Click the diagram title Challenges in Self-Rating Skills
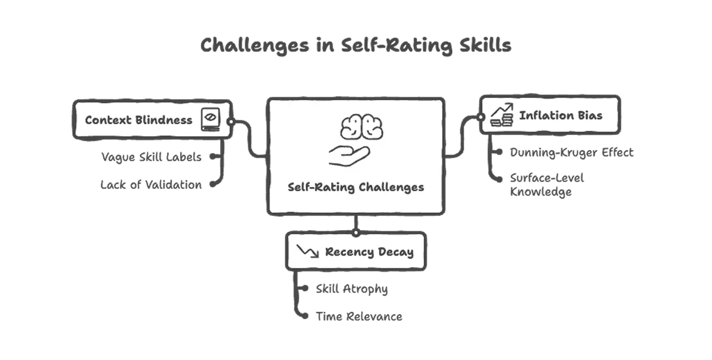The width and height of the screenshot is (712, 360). [x=355, y=46]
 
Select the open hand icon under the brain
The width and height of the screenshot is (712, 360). [x=349, y=156]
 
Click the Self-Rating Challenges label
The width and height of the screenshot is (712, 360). [x=355, y=187]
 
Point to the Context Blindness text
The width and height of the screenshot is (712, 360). [x=139, y=120]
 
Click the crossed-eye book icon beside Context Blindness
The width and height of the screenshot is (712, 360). [x=209, y=119]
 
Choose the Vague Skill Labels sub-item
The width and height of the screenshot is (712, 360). [x=151, y=157]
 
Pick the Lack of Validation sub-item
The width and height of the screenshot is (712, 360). [x=150, y=185]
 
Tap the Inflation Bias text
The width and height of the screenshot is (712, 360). [x=561, y=115]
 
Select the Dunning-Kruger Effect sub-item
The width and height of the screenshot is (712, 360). [x=571, y=153]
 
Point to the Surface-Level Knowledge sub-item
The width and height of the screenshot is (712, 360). [x=547, y=185]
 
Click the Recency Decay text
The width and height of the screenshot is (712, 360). [x=369, y=252]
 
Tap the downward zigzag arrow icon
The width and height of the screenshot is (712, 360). [x=308, y=251]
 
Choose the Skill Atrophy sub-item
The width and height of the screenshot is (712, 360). [x=352, y=289]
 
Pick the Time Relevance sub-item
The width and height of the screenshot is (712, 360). [x=359, y=316]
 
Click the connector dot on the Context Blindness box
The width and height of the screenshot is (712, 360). [x=231, y=122]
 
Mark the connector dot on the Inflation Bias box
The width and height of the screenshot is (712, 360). [x=482, y=117]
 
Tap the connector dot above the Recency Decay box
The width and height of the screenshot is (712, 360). [x=355, y=233]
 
